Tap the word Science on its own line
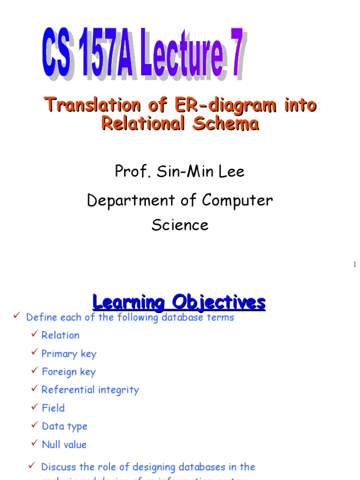click(180, 225)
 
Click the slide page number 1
click(355, 265)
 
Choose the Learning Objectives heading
click(179, 301)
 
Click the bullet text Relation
click(60, 335)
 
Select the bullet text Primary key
click(69, 353)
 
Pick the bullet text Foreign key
click(68, 372)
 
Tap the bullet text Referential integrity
click(90, 390)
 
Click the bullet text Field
click(53, 408)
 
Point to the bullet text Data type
click(64, 426)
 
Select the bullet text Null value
click(64, 444)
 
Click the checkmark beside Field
click(35, 407)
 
